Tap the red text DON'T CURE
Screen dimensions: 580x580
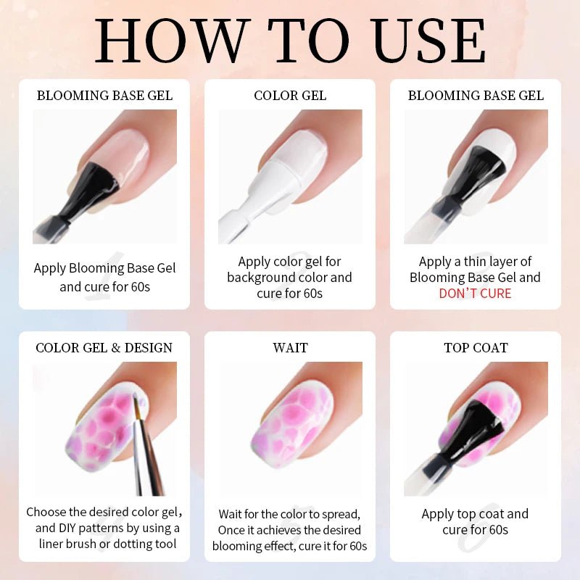[x=475, y=294]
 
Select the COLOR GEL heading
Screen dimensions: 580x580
[x=290, y=96]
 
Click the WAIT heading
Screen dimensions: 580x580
[x=290, y=348]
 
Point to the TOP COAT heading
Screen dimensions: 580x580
[x=476, y=348]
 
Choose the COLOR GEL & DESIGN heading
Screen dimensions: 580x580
[x=104, y=348]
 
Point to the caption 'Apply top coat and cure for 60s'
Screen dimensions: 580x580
[x=475, y=521]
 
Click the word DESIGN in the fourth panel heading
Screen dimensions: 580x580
[x=149, y=348]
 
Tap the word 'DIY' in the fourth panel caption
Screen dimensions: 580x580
[x=70, y=528]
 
